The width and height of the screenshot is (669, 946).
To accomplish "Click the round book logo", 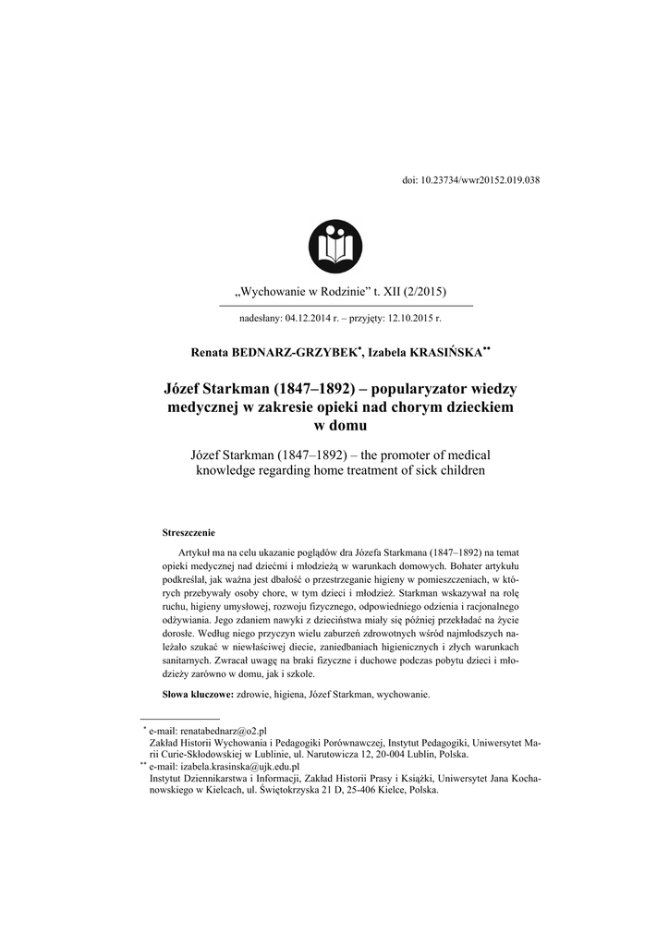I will [334, 247].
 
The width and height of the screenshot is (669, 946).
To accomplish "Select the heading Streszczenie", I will [189, 532].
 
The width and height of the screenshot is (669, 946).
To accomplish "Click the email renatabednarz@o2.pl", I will [222, 730].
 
